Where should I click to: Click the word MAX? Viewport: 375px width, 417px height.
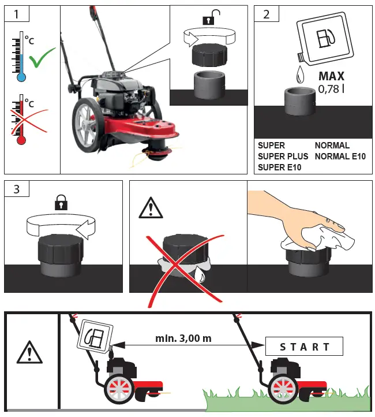tap(331, 76)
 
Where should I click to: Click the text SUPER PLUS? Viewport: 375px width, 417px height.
tap(283, 157)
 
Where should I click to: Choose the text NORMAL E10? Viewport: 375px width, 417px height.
tap(340, 157)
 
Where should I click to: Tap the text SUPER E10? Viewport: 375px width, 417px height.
tap(280, 167)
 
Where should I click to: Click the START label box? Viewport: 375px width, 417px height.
tap(304, 347)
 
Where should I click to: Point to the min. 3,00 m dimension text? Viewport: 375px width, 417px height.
tap(183, 338)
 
